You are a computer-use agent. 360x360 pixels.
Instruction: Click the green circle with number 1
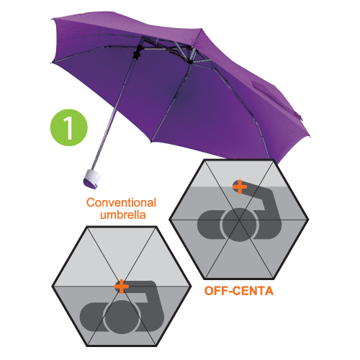pos(69,127)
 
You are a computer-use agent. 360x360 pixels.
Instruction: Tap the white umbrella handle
pos(92,179)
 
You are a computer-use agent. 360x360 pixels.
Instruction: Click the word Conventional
pos(121,203)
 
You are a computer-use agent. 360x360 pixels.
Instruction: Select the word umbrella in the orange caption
pos(123,215)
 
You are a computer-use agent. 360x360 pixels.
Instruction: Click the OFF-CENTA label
pos(239,291)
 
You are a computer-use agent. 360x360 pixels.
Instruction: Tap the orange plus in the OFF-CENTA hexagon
pos(240,186)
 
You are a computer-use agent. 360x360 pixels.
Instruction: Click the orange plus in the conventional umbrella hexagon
pos(122,286)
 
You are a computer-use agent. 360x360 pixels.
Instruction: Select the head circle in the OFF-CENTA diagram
pos(239,225)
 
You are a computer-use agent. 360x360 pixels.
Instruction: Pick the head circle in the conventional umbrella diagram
pos(122,317)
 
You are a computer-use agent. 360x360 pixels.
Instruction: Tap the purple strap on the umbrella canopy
pos(276,99)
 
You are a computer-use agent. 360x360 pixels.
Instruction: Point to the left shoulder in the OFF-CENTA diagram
pos(210,225)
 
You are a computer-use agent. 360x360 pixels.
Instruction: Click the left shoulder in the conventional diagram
pos(92,317)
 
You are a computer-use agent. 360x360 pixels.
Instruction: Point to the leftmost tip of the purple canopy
pos(51,19)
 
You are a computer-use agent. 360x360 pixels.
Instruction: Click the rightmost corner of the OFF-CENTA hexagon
pos(308,220)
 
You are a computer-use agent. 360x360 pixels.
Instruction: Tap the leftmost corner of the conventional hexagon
pos(53,286)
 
